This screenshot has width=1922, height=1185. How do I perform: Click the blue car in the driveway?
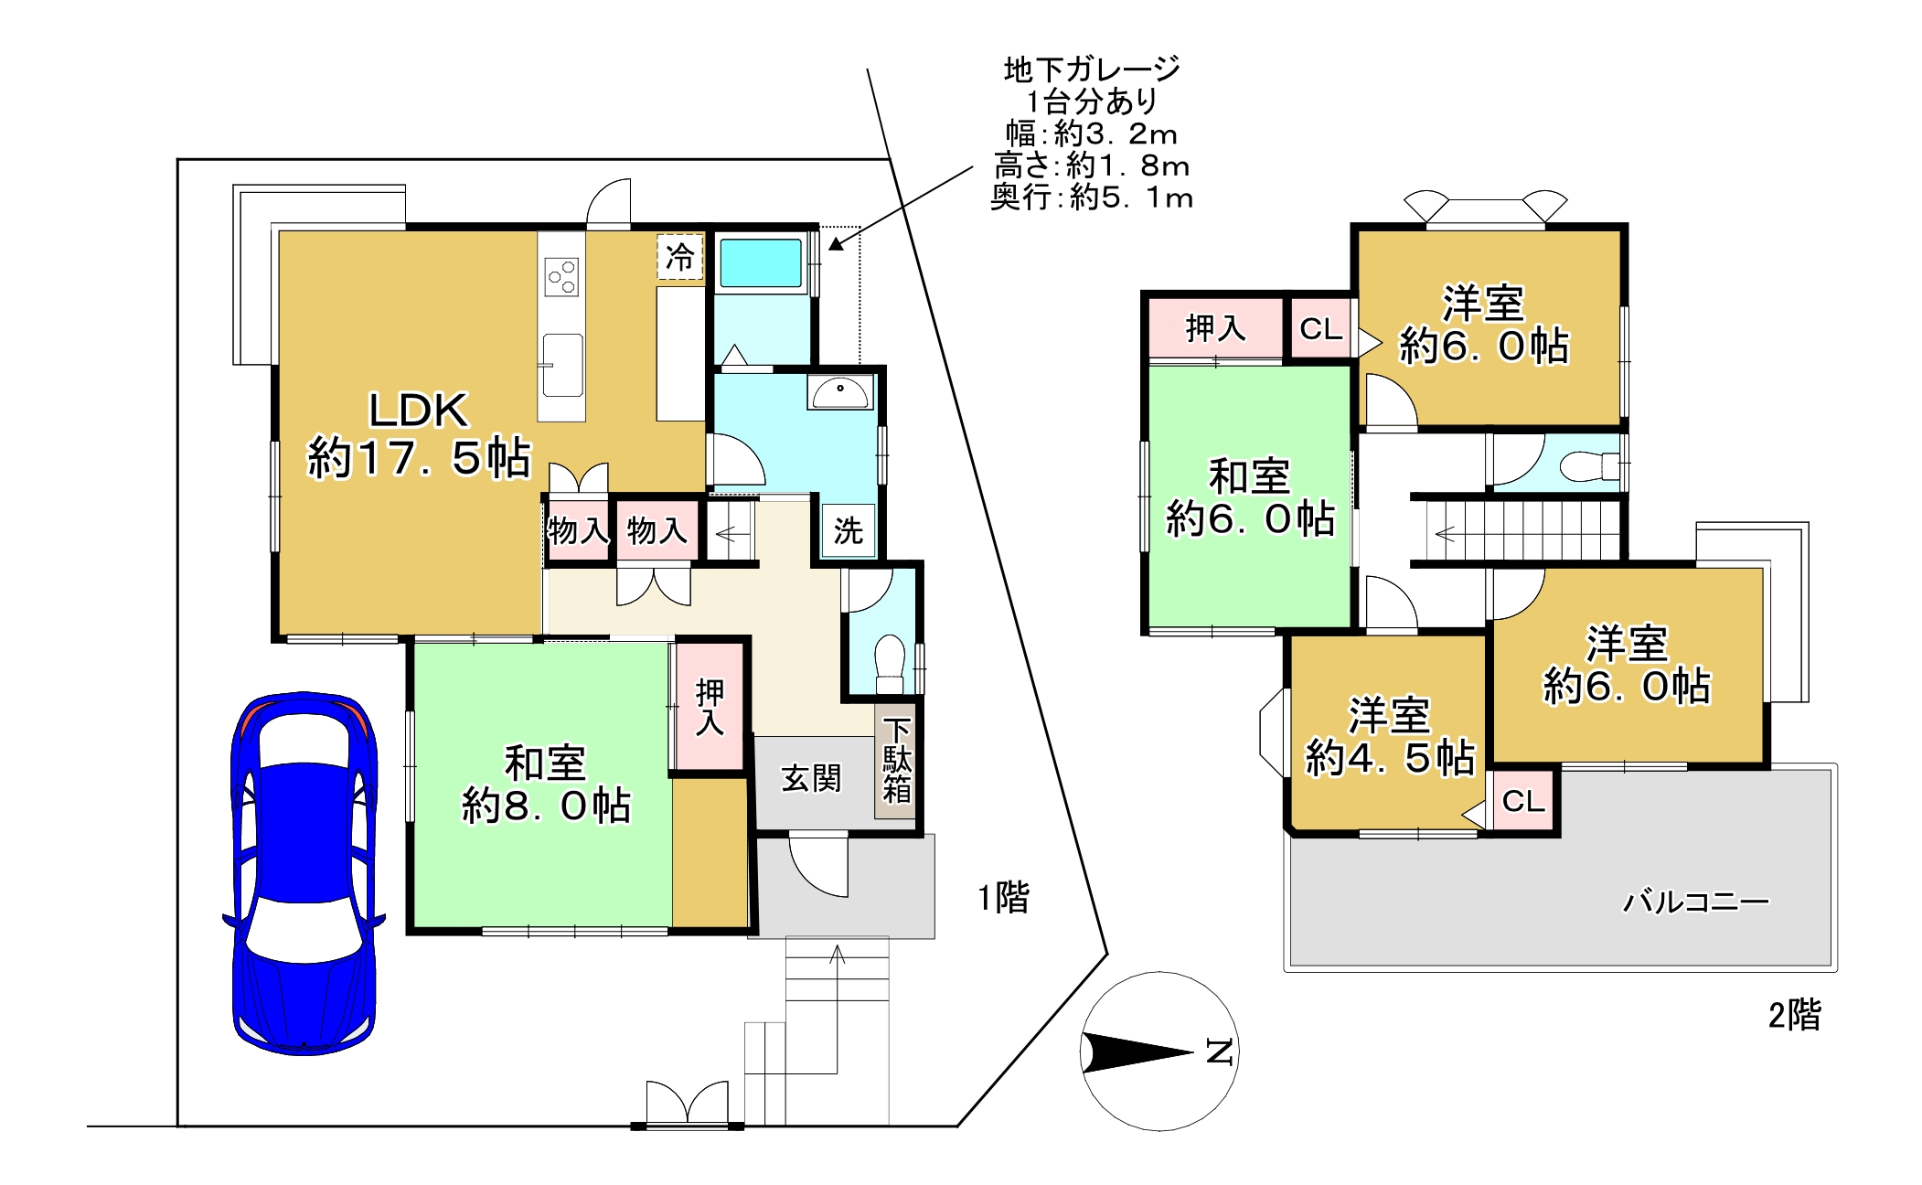tap(304, 873)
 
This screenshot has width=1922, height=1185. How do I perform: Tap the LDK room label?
tap(419, 411)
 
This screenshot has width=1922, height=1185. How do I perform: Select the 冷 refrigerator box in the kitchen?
tap(679, 257)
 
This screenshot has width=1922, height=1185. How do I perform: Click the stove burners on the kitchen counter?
tap(561, 277)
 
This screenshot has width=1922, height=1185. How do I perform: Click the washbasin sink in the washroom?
tap(839, 393)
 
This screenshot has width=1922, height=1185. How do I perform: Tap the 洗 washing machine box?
tap(848, 530)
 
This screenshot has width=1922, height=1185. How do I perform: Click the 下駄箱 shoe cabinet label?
tap(896, 760)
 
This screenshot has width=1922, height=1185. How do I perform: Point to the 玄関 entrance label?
tap(810, 779)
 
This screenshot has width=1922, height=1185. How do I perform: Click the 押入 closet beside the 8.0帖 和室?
tap(710, 706)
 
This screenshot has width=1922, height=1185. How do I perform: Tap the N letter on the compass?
tap(1219, 1052)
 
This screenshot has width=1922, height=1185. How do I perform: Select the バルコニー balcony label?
tap(1695, 902)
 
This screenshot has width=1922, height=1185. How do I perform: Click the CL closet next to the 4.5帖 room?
tap(1523, 801)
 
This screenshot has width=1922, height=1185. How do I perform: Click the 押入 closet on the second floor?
tap(1215, 327)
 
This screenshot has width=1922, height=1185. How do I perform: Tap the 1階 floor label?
tap(1003, 898)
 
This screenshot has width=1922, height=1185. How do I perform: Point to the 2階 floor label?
tap(1794, 1015)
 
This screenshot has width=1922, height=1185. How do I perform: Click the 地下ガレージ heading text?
tap(1092, 69)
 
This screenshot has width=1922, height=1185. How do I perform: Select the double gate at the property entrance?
tap(687, 1105)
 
